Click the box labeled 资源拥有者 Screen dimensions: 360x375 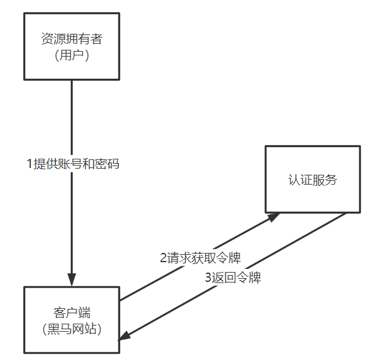point(71,47)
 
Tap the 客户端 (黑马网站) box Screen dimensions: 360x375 point(71,319)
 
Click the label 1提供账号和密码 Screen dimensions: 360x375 point(72,164)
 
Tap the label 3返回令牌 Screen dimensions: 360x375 point(233,278)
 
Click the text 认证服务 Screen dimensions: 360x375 point(312,180)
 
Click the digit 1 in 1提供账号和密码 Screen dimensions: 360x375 point(29,164)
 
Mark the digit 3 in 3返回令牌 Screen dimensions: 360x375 point(208,278)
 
